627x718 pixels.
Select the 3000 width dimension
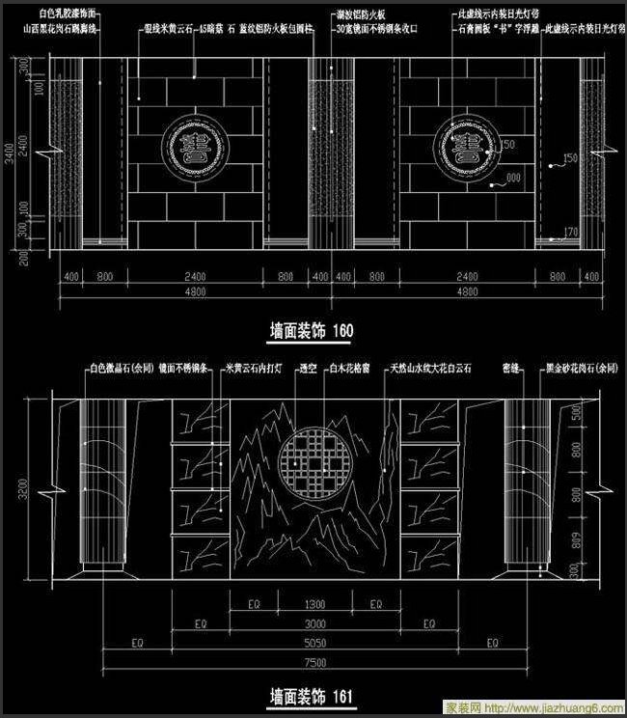(x=313, y=622)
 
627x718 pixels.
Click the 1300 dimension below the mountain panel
(x=313, y=604)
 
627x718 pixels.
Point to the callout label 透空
(x=309, y=369)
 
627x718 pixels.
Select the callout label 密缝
(x=512, y=369)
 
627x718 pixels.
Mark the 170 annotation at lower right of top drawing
(x=570, y=232)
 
